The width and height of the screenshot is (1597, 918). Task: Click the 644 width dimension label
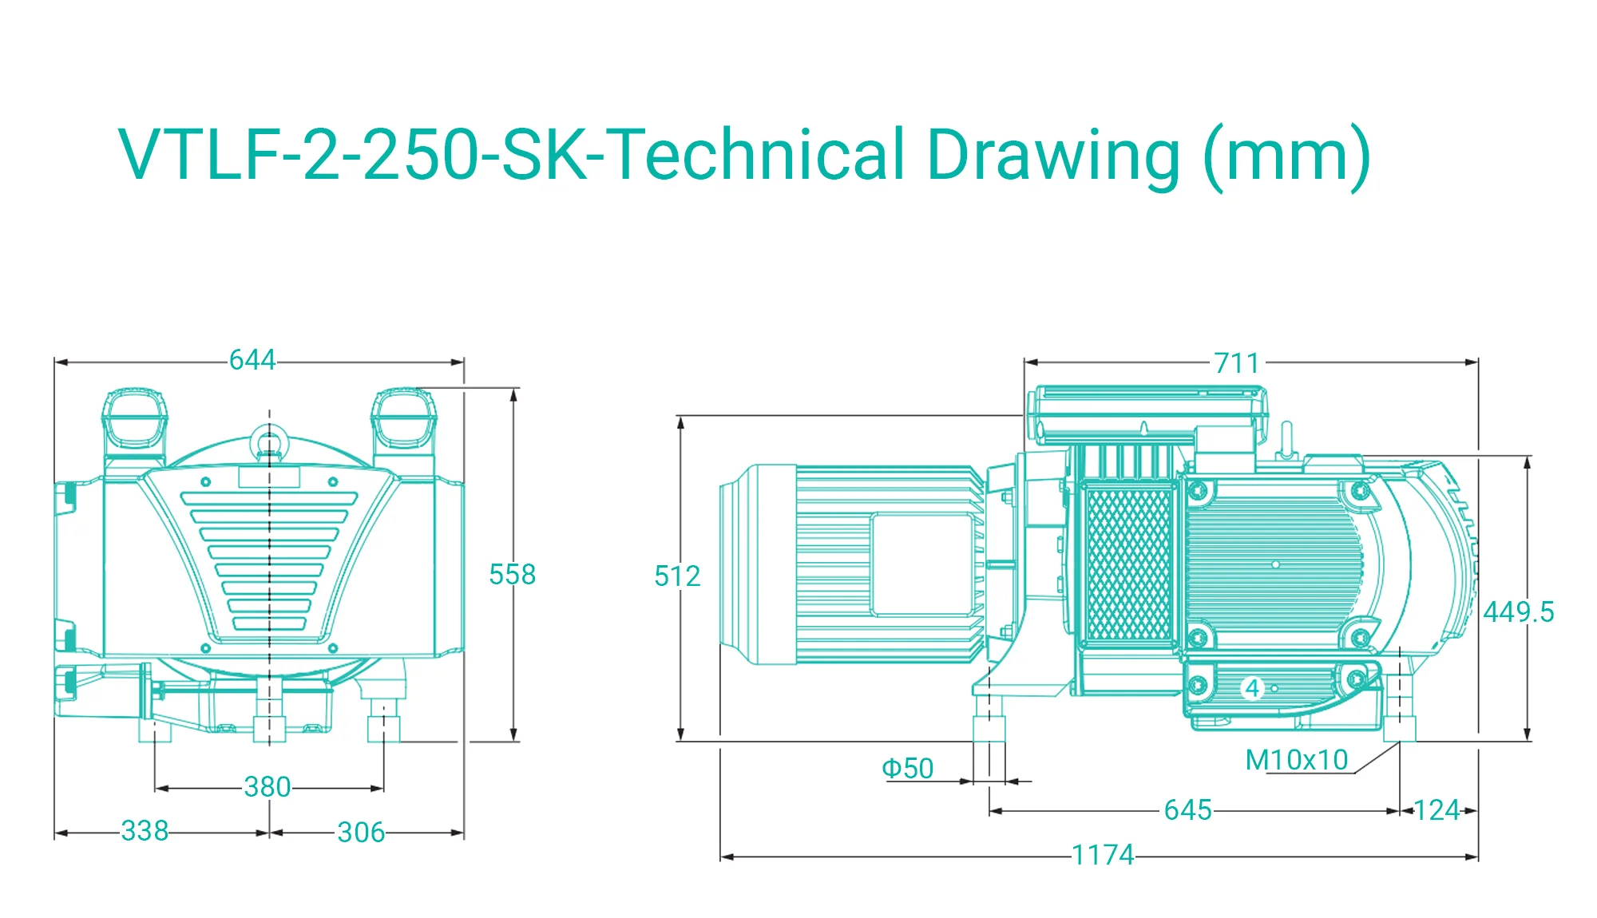pyautogui.click(x=252, y=360)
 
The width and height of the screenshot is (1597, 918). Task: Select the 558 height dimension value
pyautogui.click(x=513, y=574)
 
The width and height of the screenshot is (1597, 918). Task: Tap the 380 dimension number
pyautogui.click(x=267, y=787)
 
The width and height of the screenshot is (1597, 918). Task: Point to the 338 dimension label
pyautogui.click(x=145, y=830)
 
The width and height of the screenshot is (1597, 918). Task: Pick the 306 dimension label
pyautogui.click(x=361, y=832)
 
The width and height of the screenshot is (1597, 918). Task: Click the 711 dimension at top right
pyautogui.click(x=1237, y=363)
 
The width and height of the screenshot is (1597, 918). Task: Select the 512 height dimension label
pyautogui.click(x=677, y=576)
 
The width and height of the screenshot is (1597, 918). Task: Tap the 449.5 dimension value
pyautogui.click(x=1519, y=612)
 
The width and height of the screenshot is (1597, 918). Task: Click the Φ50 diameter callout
pyautogui.click(x=907, y=768)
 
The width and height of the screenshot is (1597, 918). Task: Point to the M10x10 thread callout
pyautogui.click(x=1297, y=760)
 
